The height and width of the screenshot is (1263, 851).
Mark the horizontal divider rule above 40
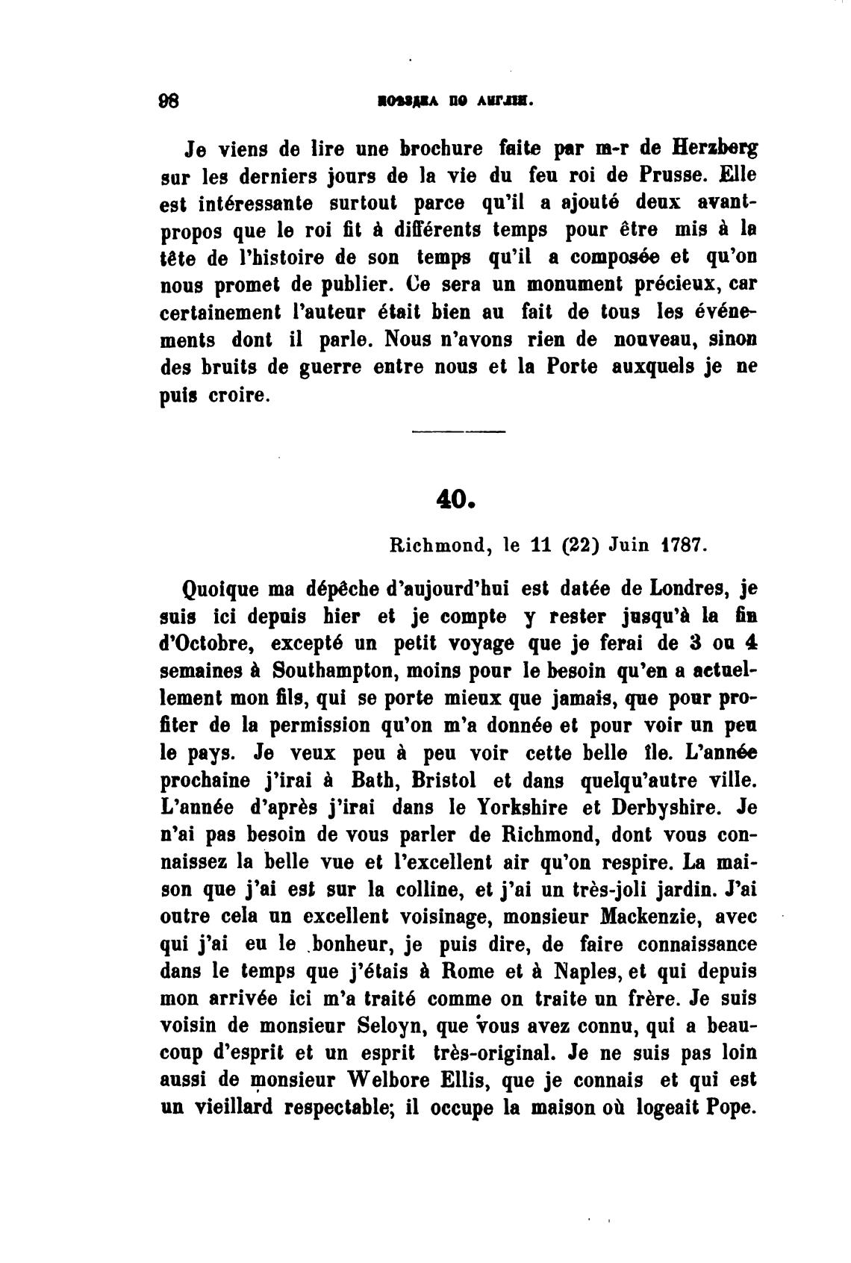coord(458,431)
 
